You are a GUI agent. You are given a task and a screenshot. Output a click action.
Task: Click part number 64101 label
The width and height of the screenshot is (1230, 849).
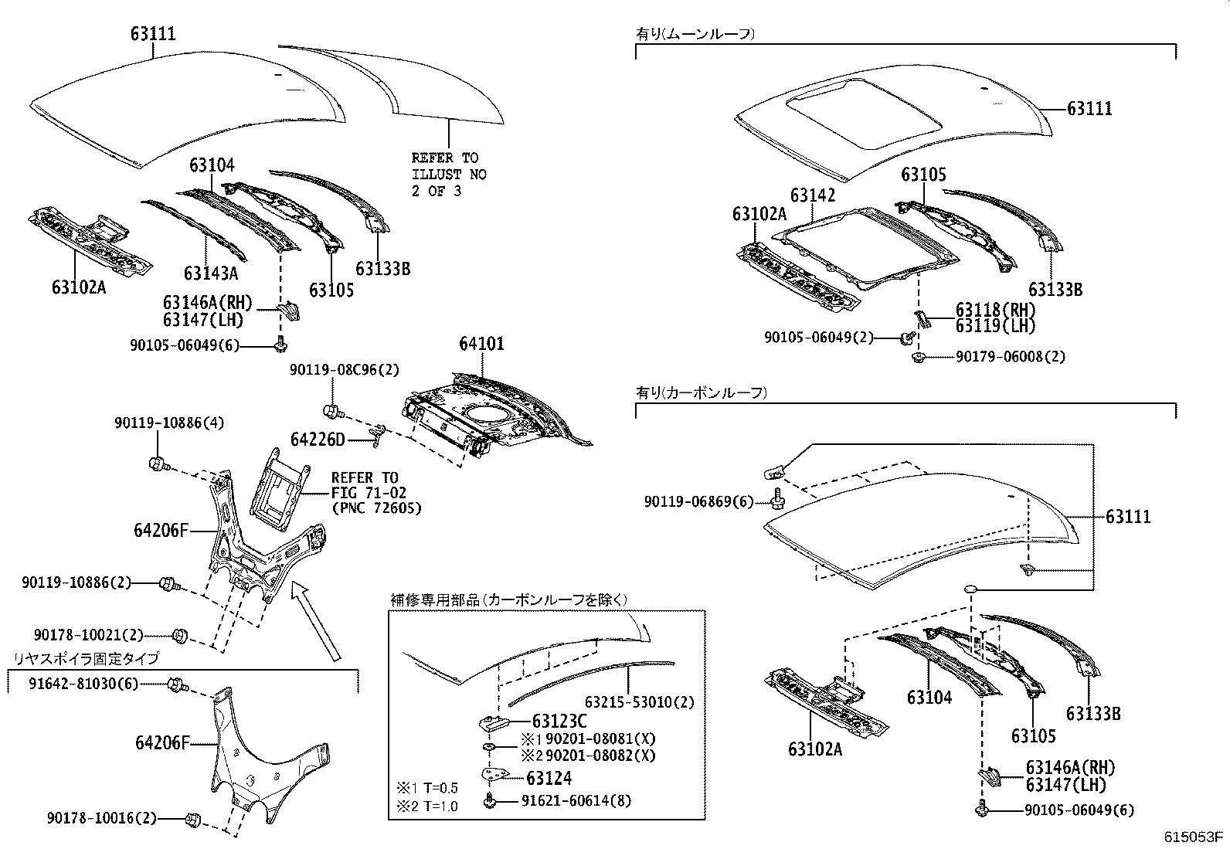(x=481, y=343)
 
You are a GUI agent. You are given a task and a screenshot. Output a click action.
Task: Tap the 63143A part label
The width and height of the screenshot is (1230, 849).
(x=210, y=273)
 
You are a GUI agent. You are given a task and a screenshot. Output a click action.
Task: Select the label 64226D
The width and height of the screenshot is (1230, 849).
(x=318, y=440)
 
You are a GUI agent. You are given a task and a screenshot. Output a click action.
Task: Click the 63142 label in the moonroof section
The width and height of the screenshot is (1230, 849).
(x=813, y=195)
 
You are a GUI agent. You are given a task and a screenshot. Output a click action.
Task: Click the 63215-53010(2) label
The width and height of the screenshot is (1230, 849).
(x=639, y=702)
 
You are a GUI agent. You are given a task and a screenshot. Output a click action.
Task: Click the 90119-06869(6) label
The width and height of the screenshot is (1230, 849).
(x=698, y=502)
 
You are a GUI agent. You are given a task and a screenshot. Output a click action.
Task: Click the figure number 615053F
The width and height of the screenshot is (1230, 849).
(x=1195, y=836)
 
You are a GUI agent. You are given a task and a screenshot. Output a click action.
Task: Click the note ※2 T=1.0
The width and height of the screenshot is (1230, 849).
(x=427, y=806)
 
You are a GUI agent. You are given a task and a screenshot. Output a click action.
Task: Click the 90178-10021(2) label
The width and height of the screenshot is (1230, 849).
(x=89, y=635)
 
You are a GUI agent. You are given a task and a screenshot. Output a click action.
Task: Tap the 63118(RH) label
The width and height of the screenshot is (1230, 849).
(x=995, y=310)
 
